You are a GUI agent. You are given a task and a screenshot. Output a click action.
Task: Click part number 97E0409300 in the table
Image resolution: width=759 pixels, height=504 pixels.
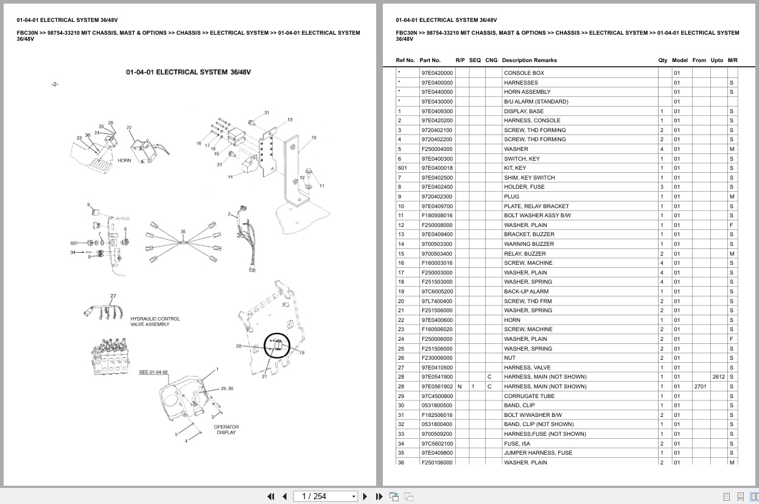(x=437, y=111)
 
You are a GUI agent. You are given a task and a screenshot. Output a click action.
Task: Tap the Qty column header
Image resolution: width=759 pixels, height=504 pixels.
(x=663, y=60)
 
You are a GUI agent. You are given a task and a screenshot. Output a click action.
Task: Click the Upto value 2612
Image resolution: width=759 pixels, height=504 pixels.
(x=718, y=377)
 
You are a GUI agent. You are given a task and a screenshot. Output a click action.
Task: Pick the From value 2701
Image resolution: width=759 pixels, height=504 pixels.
(x=700, y=387)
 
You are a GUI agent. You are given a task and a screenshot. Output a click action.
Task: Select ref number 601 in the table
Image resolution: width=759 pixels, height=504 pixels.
(x=402, y=168)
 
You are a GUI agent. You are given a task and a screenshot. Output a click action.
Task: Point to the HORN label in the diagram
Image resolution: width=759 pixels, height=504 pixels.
(x=124, y=161)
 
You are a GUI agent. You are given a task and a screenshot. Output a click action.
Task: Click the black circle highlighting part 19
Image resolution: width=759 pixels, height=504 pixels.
(x=278, y=346)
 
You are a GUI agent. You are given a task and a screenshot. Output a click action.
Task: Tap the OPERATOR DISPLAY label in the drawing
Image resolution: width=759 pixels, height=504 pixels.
(x=226, y=429)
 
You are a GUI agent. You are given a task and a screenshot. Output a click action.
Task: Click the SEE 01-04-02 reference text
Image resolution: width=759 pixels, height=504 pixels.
(x=153, y=372)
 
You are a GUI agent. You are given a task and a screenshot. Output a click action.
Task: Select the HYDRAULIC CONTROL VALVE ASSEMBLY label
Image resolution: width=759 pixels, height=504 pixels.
(x=155, y=321)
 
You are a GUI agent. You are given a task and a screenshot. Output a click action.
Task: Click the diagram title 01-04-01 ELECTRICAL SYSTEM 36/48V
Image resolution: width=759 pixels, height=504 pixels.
(x=188, y=72)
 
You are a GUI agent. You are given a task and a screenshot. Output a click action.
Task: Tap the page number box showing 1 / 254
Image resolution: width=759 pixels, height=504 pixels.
(x=326, y=496)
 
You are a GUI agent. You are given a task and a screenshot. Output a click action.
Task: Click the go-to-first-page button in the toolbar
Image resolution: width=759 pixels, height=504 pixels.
(x=271, y=496)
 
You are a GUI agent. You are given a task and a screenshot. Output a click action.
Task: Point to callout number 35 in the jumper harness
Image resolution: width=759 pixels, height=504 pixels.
(x=183, y=232)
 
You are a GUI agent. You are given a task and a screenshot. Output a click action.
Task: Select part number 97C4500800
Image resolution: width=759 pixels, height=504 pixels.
(x=437, y=396)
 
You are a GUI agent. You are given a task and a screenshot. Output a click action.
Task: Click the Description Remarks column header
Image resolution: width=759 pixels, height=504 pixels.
(x=530, y=60)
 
